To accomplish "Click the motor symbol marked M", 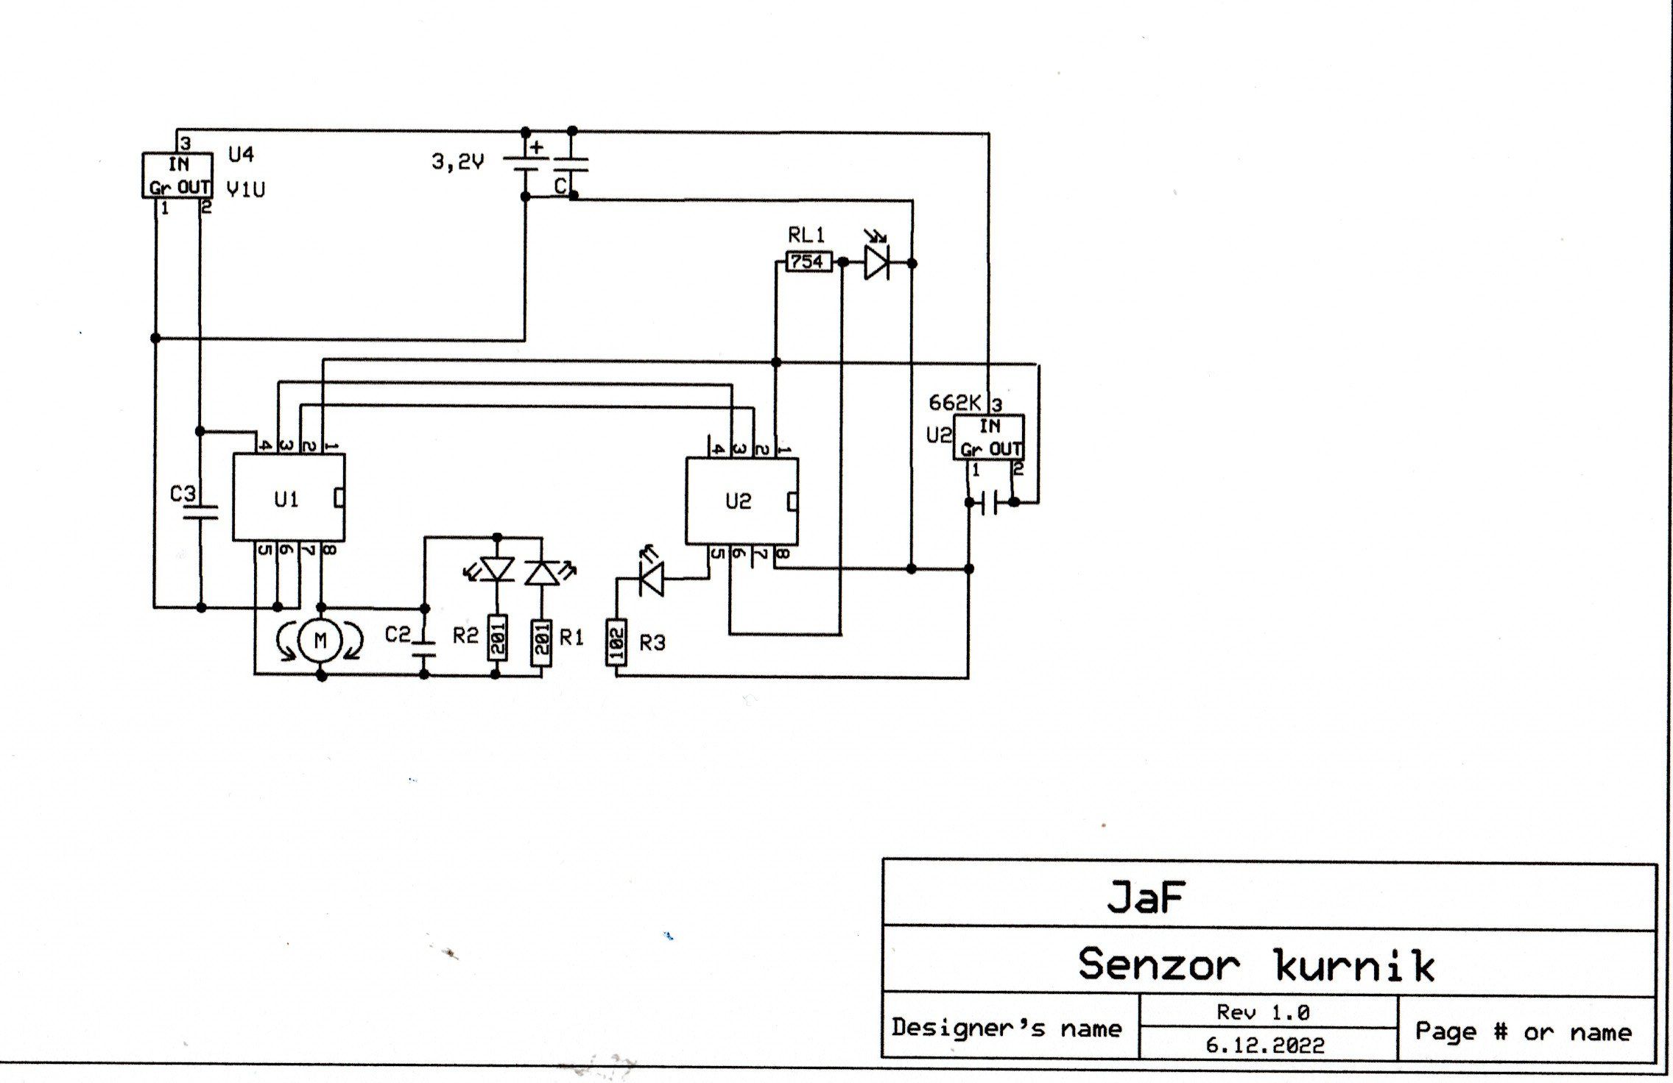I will click(320, 641).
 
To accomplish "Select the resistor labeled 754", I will click(808, 261).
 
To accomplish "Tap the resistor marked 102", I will click(616, 643).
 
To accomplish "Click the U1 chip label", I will click(286, 500).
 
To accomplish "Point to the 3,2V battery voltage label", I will click(457, 161).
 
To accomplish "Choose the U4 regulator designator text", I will click(241, 154).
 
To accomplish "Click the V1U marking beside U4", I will click(245, 190).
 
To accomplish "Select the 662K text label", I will click(954, 403).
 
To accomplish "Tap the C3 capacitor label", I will click(183, 493).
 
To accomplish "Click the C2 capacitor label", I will click(398, 634).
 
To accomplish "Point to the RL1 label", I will click(806, 236).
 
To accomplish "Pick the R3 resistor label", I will click(652, 643).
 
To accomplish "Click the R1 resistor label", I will click(571, 638).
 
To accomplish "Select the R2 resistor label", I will click(465, 636).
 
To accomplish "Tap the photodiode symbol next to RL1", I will click(876, 262).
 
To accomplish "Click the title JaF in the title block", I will click(1146, 897).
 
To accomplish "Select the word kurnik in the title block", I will click(1354, 965).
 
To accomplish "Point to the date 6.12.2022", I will click(1264, 1045).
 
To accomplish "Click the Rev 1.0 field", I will click(1263, 1012).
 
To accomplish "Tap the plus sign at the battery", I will click(537, 147).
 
